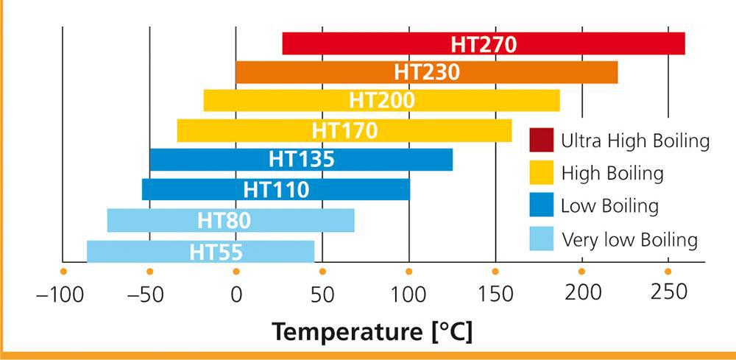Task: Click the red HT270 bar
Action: (x=483, y=44)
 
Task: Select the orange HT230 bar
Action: (x=426, y=73)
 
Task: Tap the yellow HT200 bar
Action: (x=381, y=101)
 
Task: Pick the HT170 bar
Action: (x=344, y=130)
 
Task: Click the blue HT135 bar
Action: (x=301, y=159)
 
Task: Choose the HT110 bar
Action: (x=275, y=189)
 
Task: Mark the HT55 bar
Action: (x=200, y=251)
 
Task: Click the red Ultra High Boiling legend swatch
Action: (x=541, y=140)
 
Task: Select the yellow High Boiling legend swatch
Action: (x=541, y=173)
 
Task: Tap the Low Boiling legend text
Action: (x=609, y=205)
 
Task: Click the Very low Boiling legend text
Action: (x=629, y=239)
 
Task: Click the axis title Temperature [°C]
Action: (x=372, y=331)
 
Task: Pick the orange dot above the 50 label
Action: (x=322, y=272)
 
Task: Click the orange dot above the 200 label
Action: (x=582, y=272)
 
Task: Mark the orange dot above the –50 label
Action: (x=149, y=272)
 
